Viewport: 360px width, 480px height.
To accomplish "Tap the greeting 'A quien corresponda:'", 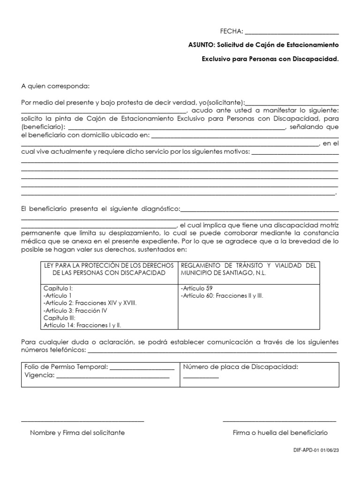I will pos(55,86).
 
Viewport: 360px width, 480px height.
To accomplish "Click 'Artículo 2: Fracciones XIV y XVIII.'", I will pos(90,303).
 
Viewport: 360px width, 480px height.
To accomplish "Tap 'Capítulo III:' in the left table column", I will pos(59,317).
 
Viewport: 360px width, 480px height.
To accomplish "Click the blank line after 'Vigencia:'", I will pos(112,375).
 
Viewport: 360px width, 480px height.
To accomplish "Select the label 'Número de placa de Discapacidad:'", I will pos(240,367).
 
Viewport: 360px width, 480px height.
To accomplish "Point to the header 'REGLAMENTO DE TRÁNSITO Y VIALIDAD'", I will pos(248,265).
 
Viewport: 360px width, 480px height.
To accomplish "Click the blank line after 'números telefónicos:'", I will pos(212,351).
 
